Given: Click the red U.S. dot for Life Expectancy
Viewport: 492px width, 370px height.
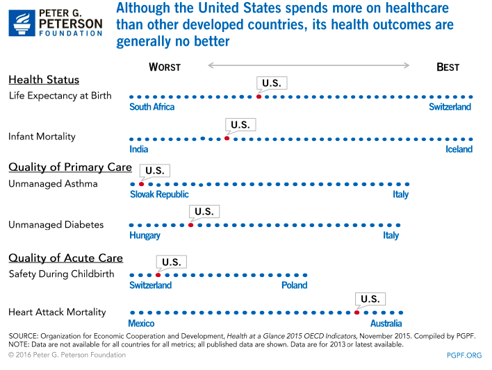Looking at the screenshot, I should pos(259,96).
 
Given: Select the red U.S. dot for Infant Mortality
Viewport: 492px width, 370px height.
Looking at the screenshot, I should pos(227,139).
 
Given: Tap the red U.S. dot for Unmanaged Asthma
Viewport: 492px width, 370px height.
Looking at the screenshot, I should pos(141,184).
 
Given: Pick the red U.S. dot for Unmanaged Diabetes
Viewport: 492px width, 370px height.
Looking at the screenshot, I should pos(190,225).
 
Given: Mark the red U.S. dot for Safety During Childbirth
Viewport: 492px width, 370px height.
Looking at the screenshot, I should pos(158,275).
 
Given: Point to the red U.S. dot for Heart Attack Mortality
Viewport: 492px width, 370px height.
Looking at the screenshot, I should pos(356,312).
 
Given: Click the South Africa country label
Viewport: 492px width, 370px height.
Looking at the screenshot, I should pos(152,107).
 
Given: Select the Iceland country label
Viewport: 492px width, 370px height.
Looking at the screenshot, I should pos(459,149).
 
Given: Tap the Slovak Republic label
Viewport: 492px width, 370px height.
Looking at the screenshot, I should pos(159,194).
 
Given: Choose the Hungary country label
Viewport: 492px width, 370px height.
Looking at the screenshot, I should pos(145,235).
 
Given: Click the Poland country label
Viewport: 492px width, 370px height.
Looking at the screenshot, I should pos(294,285).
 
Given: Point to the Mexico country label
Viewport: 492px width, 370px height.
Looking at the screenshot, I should pos(142,323).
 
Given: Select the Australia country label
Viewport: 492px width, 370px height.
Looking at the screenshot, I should pos(386,323).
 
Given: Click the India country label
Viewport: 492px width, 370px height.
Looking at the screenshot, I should pos(139,149).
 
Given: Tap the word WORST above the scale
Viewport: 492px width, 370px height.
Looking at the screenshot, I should pos(165,67).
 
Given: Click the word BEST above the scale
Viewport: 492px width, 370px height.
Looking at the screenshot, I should pos(448,67).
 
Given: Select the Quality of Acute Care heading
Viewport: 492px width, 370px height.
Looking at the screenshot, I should pos(65,258).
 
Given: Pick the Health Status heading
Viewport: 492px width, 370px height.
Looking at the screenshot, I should pos(44,80).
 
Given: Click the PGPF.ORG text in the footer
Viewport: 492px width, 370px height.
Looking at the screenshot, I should pos(464,355).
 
